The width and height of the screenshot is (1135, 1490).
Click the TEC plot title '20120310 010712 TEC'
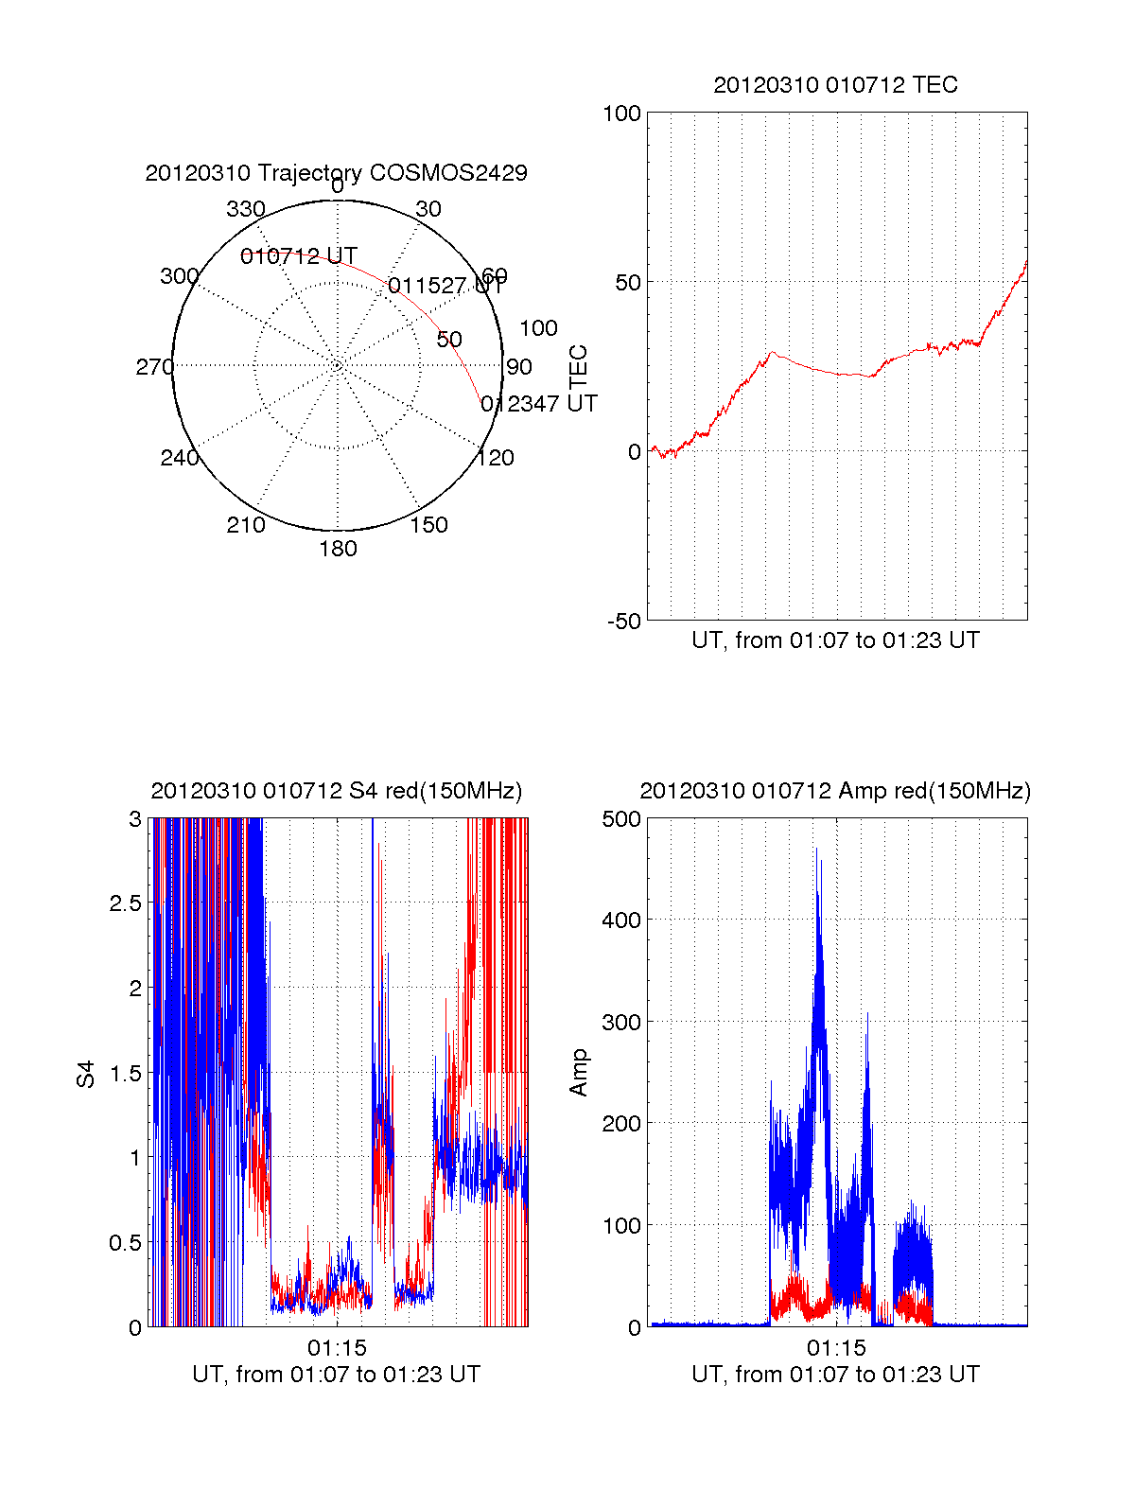pyautogui.click(x=835, y=85)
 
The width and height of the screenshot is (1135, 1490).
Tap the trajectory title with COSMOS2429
pyautogui.click(x=336, y=173)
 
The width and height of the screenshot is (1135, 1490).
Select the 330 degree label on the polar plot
pyautogui.click(x=246, y=209)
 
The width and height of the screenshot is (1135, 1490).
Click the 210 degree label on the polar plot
pyautogui.click(x=246, y=525)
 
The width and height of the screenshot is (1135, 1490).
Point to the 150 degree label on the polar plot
pyautogui.click(x=428, y=525)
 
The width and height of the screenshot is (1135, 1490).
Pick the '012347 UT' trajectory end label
pyautogui.click(x=539, y=404)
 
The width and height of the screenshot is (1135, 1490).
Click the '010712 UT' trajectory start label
pyautogui.click(x=299, y=256)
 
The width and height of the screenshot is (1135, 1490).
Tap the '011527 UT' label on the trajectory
pyautogui.click(x=445, y=286)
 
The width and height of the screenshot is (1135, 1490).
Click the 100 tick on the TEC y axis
pyautogui.click(x=621, y=114)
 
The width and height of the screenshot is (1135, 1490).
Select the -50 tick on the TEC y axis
pyautogui.click(x=623, y=622)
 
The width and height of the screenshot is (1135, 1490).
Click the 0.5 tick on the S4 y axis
pyautogui.click(x=125, y=1243)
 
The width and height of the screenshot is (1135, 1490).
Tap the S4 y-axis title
pyautogui.click(x=86, y=1074)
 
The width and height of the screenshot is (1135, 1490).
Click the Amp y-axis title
pyautogui.click(x=579, y=1073)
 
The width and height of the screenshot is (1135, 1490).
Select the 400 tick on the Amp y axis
pyautogui.click(x=621, y=920)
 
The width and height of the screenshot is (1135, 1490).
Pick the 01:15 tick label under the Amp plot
pyautogui.click(x=836, y=1348)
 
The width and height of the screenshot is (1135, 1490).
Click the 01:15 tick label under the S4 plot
pyautogui.click(x=337, y=1348)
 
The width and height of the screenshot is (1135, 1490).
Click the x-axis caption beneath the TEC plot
pyautogui.click(x=835, y=640)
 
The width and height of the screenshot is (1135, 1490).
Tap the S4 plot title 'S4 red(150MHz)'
pyautogui.click(x=336, y=791)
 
